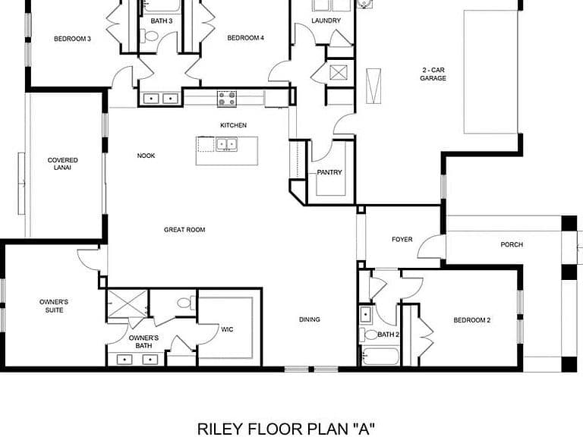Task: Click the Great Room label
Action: pyautogui.click(x=184, y=230)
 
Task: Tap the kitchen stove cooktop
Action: pyautogui.click(x=227, y=99)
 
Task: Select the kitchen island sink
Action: pyautogui.click(x=226, y=144)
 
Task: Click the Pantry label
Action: pyautogui.click(x=329, y=172)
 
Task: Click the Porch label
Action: pyautogui.click(x=512, y=244)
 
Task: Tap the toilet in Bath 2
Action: pyautogui.click(x=368, y=335)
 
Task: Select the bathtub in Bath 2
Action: pyautogui.click(x=380, y=357)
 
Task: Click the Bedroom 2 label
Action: pyautogui.click(x=472, y=320)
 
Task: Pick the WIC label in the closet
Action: pyautogui.click(x=227, y=329)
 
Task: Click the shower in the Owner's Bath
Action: pyautogui.click(x=128, y=303)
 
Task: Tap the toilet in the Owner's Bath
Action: pyautogui.click(x=186, y=303)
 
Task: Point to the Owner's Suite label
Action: pyautogui.click(x=54, y=306)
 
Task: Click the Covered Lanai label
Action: pyautogui.click(x=62, y=164)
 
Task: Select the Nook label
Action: pyautogui.click(x=146, y=156)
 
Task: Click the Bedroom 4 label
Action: pyautogui.click(x=245, y=38)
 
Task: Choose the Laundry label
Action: pyautogui.click(x=326, y=20)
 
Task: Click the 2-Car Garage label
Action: pyautogui.click(x=433, y=74)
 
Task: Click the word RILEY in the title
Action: pyautogui.click(x=219, y=429)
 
